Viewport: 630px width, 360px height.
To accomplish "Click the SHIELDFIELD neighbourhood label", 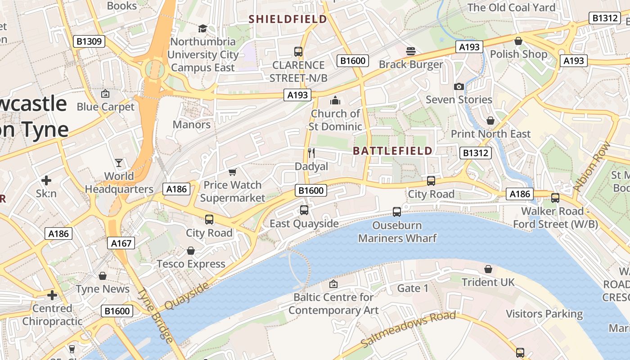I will tap(288, 19).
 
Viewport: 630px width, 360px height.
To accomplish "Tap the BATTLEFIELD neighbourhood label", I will tap(393, 151).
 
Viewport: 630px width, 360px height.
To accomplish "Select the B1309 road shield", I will tap(89, 42).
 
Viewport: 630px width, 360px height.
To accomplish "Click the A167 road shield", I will tap(121, 243).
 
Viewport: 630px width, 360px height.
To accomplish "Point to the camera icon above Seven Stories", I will tap(459, 86).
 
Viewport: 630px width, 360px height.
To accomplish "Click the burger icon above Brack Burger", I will tap(410, 51).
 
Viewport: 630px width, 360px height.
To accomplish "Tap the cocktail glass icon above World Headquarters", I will tap(119, 162).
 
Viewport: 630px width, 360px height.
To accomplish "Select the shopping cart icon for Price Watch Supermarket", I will tap(233, 172).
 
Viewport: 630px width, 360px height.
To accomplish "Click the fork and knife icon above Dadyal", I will tap(311, 153).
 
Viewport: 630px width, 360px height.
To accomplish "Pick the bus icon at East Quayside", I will tap(304, 210).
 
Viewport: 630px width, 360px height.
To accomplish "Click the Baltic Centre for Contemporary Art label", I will tap(333, 304).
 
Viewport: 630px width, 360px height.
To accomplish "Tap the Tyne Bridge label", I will tap(155, 315).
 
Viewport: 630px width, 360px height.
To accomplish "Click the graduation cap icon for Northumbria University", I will tap(202, 28).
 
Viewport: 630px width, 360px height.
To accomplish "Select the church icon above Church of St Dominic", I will tap(335, 100).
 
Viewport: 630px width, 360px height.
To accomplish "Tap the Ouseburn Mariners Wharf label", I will tap(397, 231).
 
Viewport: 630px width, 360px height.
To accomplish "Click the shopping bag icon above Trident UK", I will tap(488, 269).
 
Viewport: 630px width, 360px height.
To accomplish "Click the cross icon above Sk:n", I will tap(46, 180).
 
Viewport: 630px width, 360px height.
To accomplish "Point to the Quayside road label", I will tap(186, 296).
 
